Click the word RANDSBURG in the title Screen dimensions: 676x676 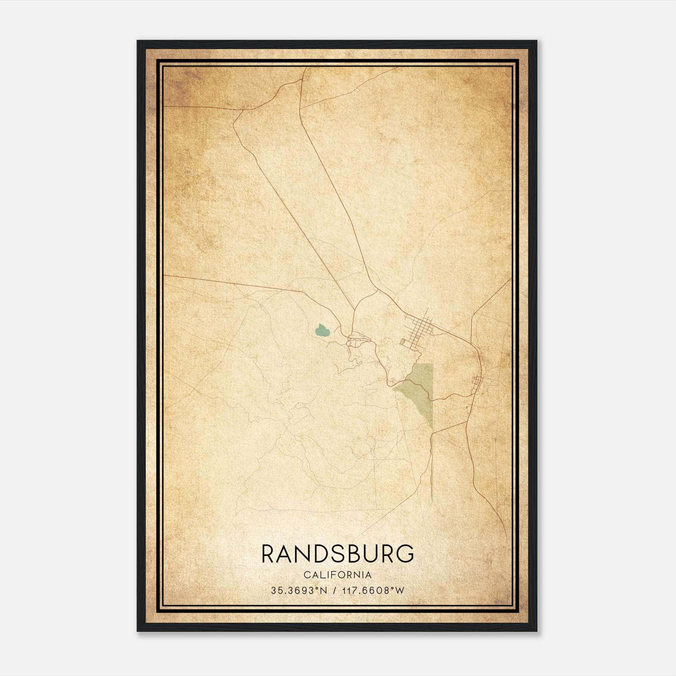[x=338, y=553]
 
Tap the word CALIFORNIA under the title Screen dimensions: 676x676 [x=338, y=575]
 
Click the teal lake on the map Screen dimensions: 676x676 [x=322, y=330]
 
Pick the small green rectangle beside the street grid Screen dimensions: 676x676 [x=403, y=341]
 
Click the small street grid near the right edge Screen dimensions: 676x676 [x=477, y=383]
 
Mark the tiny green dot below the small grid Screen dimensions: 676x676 [x=466, y=407]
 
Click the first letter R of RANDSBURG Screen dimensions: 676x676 [x=269, y=553]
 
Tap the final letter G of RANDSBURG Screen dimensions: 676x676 [x=405, y=553]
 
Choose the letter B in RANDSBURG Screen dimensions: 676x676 [x=354, y=553]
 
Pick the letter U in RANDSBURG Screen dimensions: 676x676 [x=371, y=553]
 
